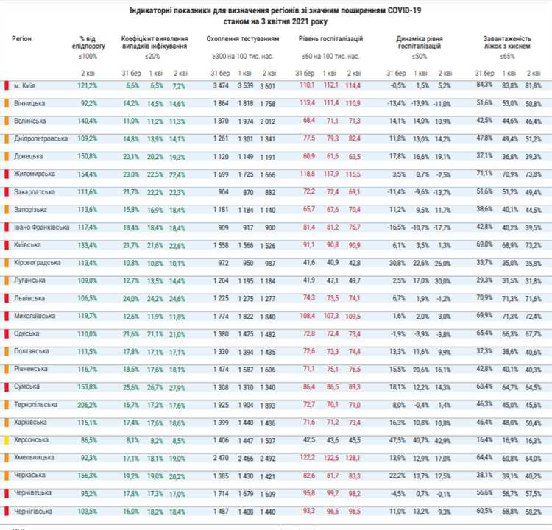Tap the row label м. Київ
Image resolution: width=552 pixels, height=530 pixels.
(x=27, y=85)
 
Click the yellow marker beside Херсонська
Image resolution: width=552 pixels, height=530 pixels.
(x=6, y=439)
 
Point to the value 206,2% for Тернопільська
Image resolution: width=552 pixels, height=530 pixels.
(x=88, y=404)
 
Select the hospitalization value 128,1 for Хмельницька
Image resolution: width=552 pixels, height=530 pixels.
(x=353, y=457)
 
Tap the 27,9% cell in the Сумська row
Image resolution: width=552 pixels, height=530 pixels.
(x=179, y=386)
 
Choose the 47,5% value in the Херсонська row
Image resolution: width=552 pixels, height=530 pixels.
(x=397, y=439)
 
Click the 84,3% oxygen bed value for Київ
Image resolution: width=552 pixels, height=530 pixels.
(x=484, y=85)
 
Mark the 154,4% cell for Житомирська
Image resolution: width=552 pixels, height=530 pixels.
(x=88, y=174)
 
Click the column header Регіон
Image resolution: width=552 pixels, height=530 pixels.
(x=22, y=36)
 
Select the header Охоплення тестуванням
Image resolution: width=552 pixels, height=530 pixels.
(x=243, y=37)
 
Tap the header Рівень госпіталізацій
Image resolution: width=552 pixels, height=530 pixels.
(x=330, y=37)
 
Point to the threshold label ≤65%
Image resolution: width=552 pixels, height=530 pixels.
(x=507, y=55)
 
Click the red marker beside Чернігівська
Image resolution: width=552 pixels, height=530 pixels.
(x=6, y=510)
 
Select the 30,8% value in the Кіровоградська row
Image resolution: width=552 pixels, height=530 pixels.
(x=397, y=262)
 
